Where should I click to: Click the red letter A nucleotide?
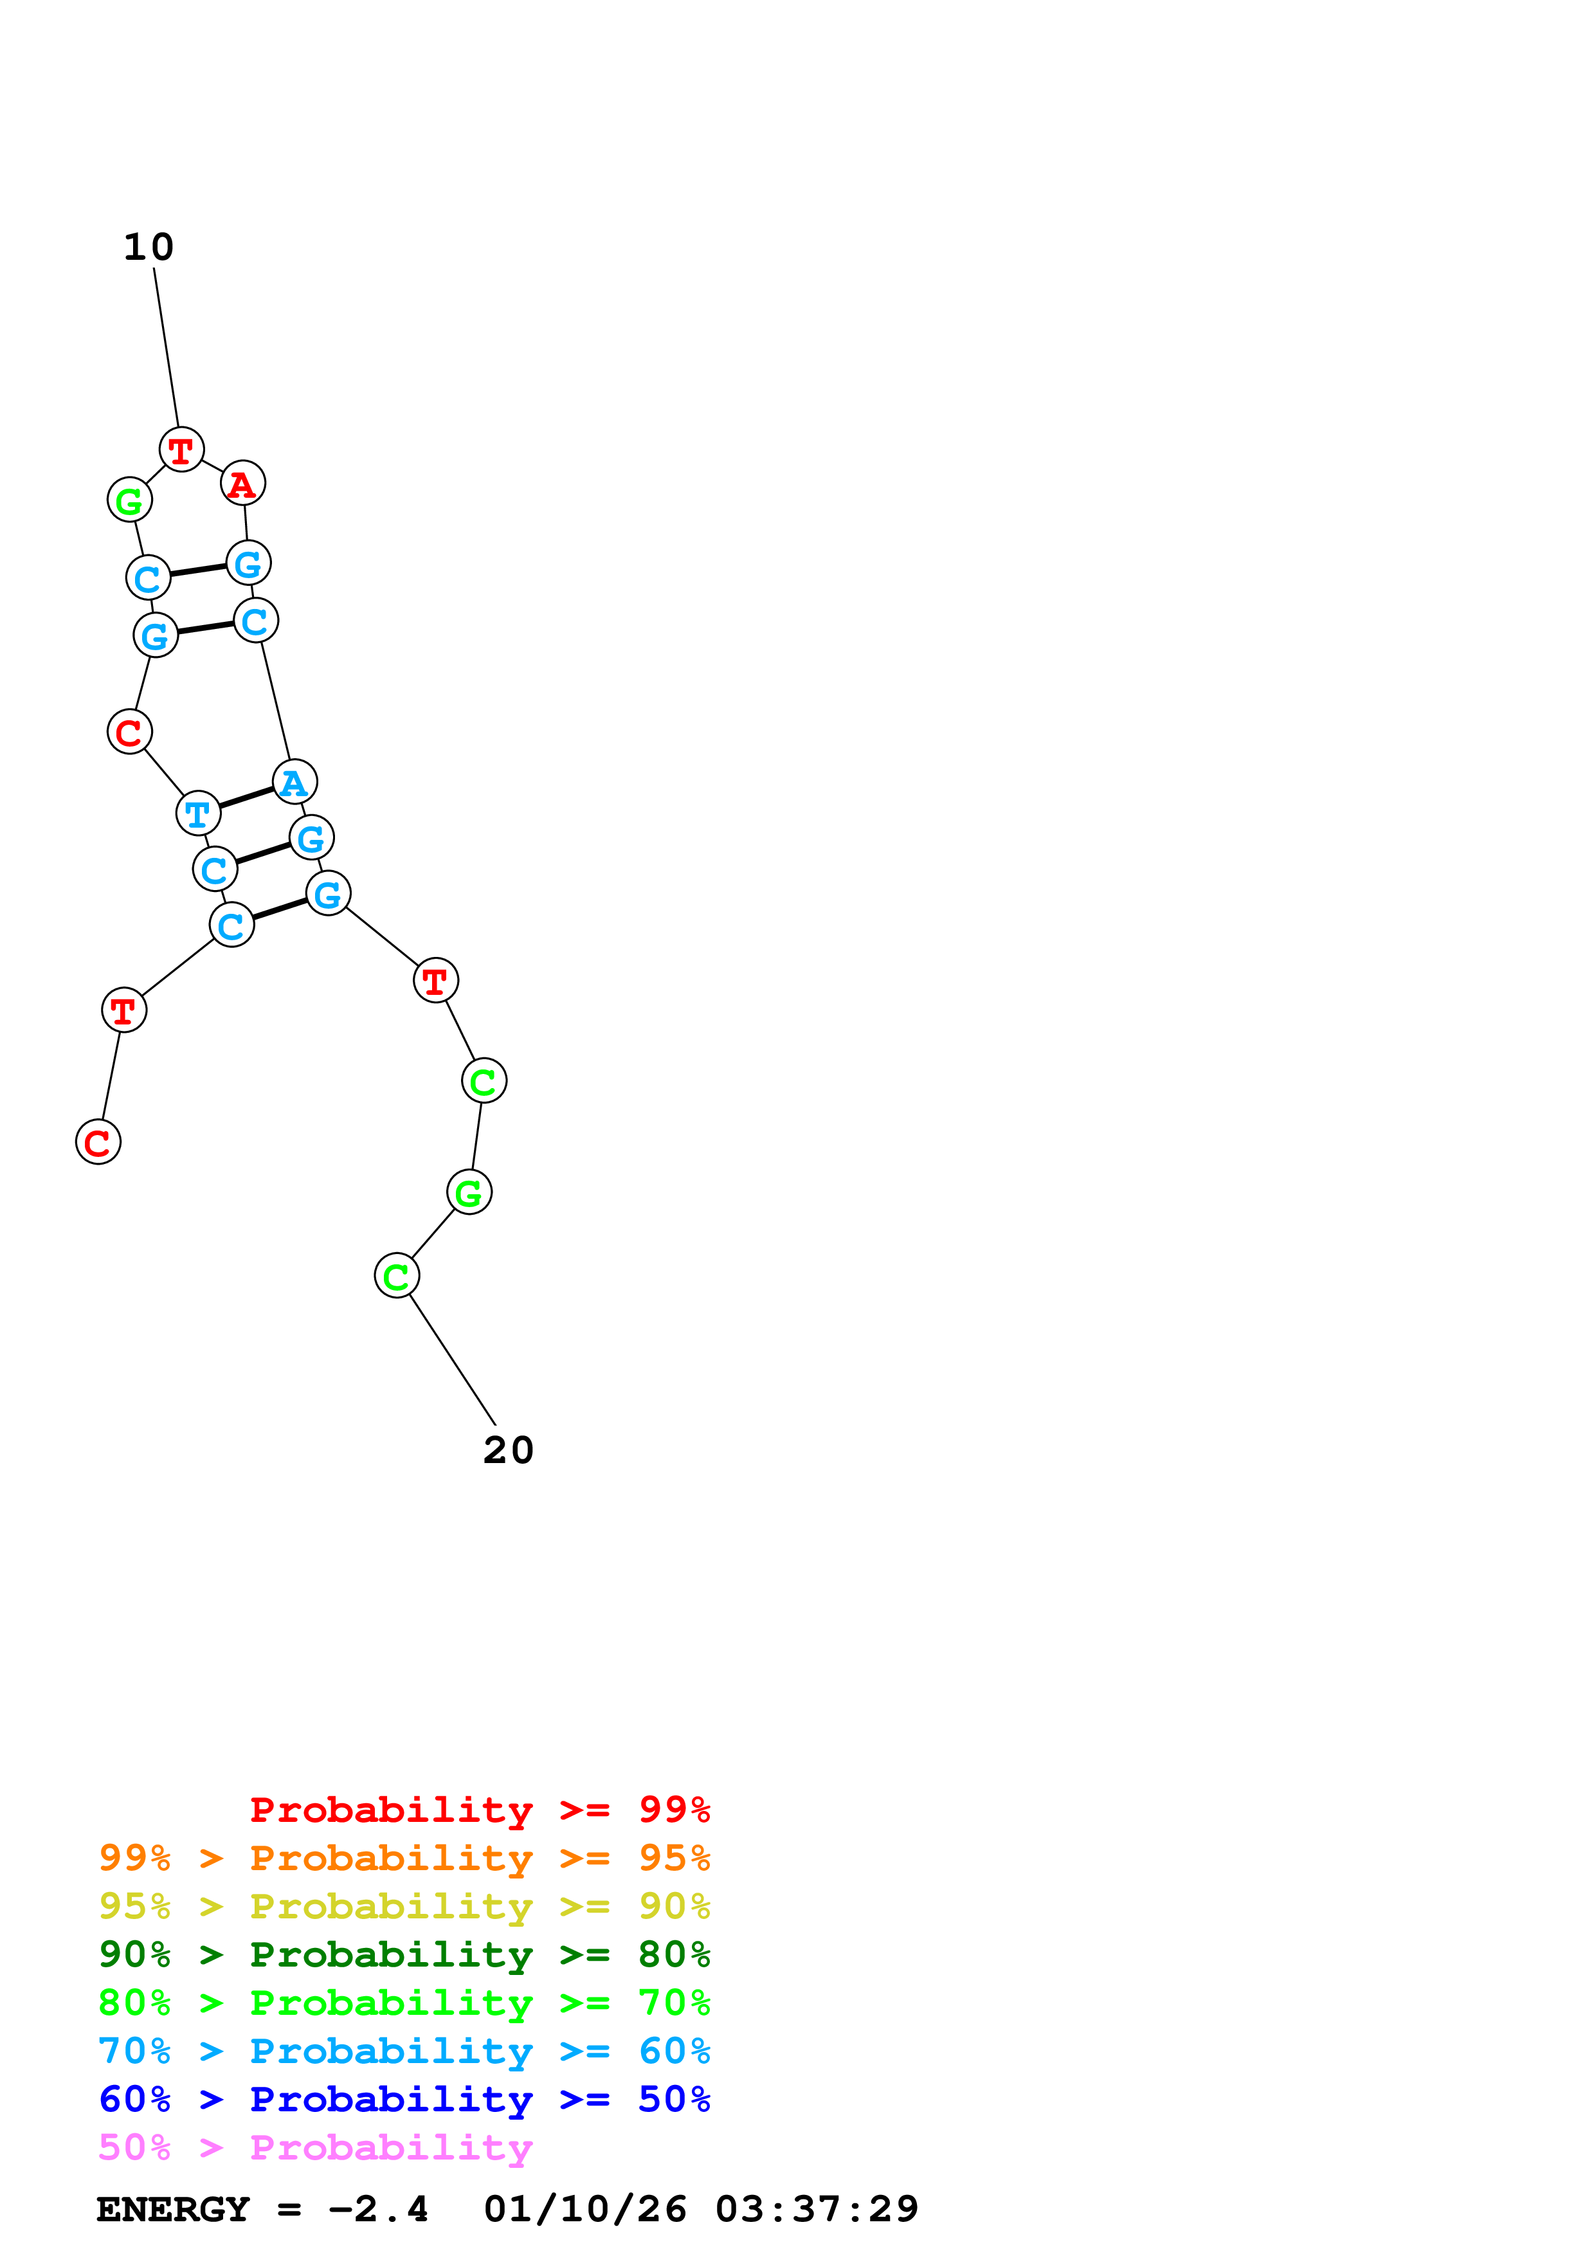coord(242,484)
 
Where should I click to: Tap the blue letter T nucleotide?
coord(197,814)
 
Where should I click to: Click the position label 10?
coord(149,248)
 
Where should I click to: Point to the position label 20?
coord(508,1450)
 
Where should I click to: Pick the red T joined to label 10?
coord(182,450)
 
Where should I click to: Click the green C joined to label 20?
coord(397,1277)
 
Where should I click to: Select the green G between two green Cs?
coord(469,1193)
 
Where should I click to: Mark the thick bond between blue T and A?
coord(246,798)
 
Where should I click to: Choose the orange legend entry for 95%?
coord(404,1858)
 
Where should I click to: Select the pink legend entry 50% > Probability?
coord(315,2148)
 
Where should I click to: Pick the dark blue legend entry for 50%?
coord(404,2100)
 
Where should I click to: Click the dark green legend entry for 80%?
coord(404,1954)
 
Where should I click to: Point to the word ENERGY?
coord(173,2210)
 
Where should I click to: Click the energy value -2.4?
coord(378,2210)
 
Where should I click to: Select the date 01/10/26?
coord(585,2210)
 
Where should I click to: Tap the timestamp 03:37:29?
coord(816,2210)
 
